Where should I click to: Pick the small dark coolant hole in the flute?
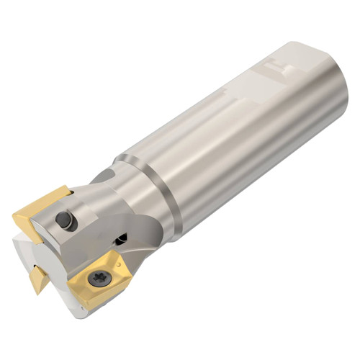tap(123, 235)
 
